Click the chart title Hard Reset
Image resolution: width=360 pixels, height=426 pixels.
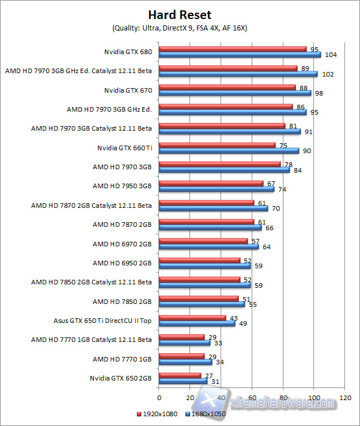(180, 14)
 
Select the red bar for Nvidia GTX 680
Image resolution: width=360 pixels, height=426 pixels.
(233, 49)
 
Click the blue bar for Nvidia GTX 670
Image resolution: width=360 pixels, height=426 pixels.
(234, 93)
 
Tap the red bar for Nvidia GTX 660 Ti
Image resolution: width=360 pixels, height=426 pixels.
(217, 146)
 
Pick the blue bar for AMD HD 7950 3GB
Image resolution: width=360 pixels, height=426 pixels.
(216, 189)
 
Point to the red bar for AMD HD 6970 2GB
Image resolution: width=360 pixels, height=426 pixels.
(203, 242)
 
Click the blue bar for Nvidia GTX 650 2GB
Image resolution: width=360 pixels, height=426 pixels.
(183, 382)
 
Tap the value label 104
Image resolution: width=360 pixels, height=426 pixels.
(331, 55)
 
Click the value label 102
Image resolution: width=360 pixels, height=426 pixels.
(328, 74)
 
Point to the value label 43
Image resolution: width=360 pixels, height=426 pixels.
(234, 318)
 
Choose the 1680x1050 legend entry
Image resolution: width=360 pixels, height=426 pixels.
(206, 413)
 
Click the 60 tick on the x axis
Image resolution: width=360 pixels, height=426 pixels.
(252, 397)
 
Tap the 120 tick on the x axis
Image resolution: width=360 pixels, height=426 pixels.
(346, 397)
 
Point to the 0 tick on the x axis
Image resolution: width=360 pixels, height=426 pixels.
(159, 397)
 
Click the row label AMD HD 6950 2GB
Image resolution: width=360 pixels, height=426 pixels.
(122, 263)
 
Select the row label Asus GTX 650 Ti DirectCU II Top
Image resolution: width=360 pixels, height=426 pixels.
(102, 320)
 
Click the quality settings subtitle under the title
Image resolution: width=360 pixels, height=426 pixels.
(180, 28)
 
